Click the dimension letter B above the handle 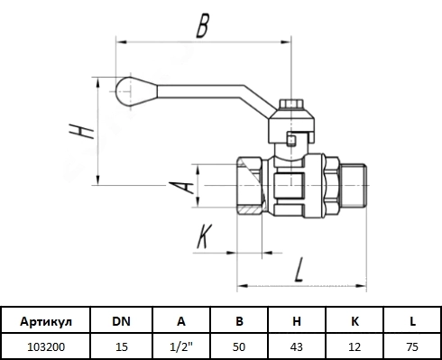(x=202, y=26)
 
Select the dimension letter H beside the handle (x=81, y=131)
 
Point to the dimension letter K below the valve (x=205, y=236)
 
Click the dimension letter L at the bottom (x=299, y=269)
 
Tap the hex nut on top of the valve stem (x=291, y=104)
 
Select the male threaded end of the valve (x=354, y=185)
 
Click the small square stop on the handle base (x=291, y=141)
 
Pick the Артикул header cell (x=46, y=321)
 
